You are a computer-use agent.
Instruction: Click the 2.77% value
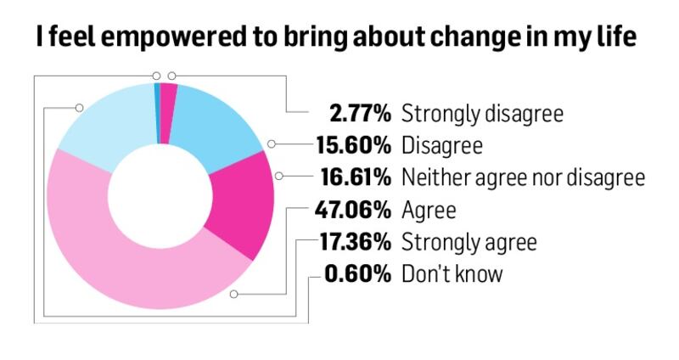tap(360, 113)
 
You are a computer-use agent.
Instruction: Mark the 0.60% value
tap(360, 274)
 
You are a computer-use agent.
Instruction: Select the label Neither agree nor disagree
tap(523, 177)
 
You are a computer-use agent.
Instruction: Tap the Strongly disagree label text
tap(482, 113)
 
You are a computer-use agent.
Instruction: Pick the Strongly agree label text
tap(469, 242)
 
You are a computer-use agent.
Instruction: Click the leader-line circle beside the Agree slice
tap(234, 295)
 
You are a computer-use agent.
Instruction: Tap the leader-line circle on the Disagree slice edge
tap(271, 145)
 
